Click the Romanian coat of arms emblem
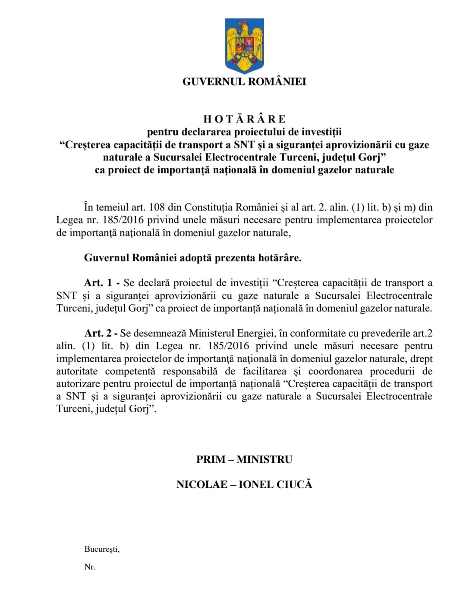[244, 46]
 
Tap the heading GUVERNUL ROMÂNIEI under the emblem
[244, 82]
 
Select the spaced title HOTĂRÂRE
[244, 119]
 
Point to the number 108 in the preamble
[157, 207]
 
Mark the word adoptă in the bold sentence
[196, 258]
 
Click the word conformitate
[318, 333]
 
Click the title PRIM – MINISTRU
[244, 459]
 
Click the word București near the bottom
[102, 549]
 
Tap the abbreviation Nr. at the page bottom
[90, 567]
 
